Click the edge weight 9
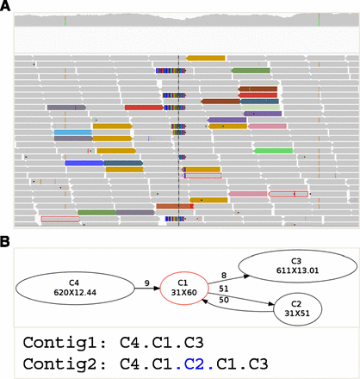click(x=147, y=281)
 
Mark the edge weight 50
click(x=225, y=300)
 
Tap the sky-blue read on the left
click(x=72, y=132)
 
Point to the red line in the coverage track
click(x=65, y=19)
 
